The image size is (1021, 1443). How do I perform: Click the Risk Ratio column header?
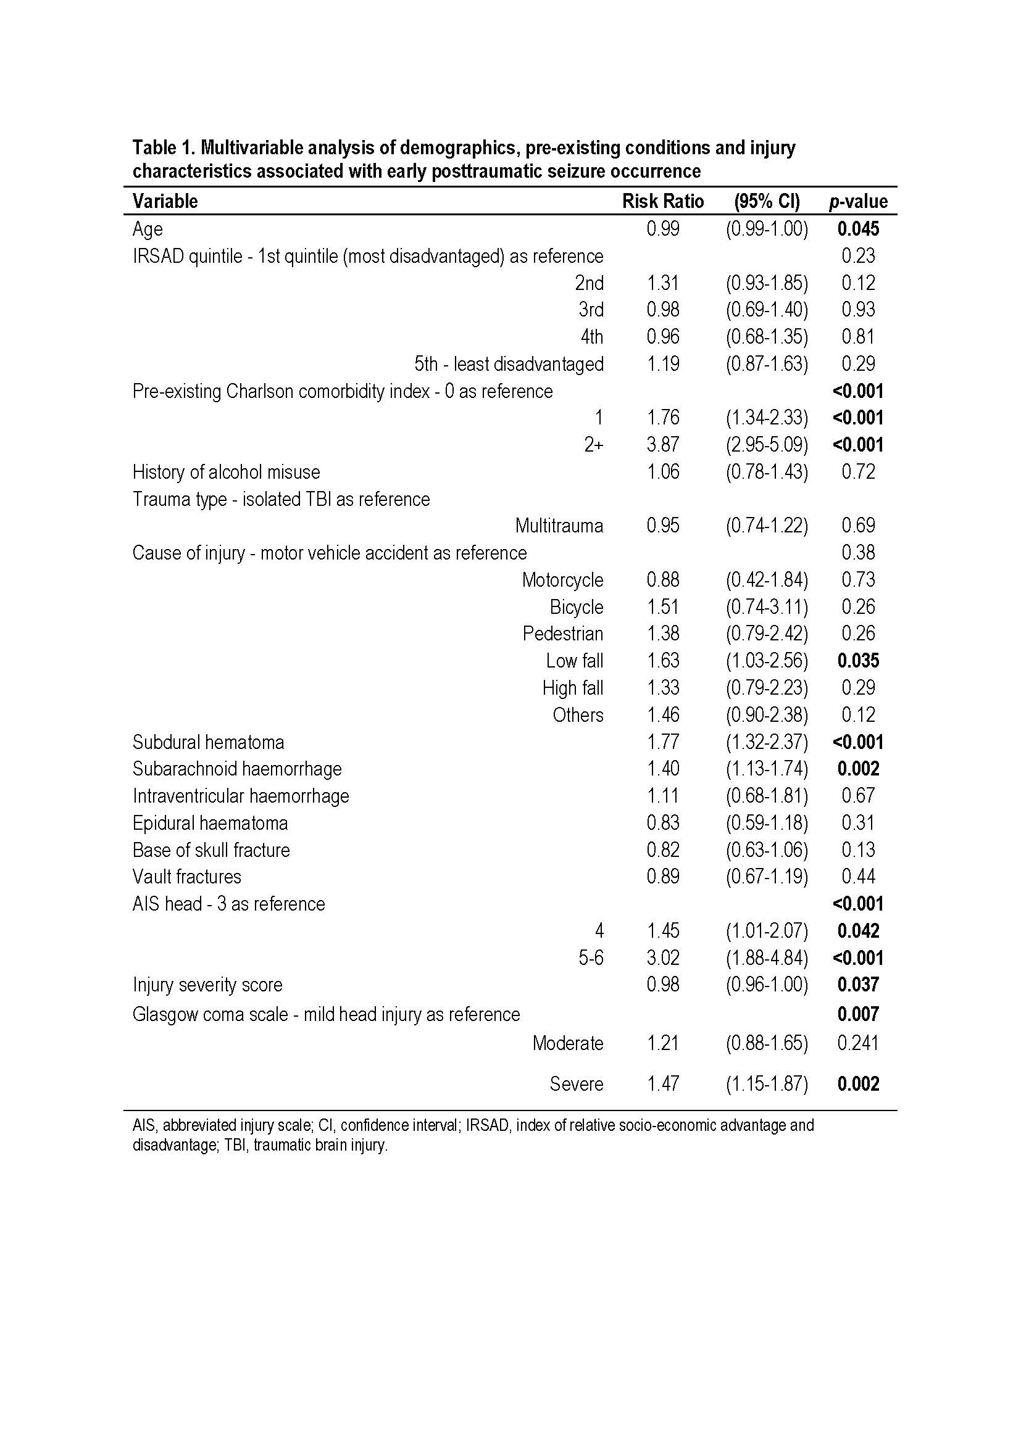[x=662, y=201]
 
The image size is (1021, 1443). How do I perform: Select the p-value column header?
[x=858, y=201]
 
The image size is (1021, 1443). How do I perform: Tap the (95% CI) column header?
[x=767, y=201]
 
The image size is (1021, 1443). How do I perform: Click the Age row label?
[x=147, y=229]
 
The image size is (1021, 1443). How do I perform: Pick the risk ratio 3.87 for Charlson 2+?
[x=662, y=445]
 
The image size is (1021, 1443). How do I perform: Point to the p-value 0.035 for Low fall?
[x=858, y=661]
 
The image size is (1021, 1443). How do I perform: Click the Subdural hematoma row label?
[x=208, y=742]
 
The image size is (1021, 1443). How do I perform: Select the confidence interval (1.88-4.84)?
[x=767, y=958]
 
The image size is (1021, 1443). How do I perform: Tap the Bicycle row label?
[x=576, y=607]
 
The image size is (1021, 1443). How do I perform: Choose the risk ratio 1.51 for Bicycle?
[x=662, y=607]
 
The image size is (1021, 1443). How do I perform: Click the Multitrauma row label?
[x=559, y=526]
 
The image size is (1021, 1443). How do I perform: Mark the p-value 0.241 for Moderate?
[x=858, y=1043]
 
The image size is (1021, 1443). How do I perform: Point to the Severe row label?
[x=576, y=1084]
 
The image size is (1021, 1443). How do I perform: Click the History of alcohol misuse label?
[x=227, y=472]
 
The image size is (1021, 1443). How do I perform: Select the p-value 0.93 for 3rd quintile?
[x=858, y=310]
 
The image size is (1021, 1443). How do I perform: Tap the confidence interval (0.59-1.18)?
[x=767, y=823]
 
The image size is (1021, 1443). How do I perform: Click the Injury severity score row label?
[x=207, y=985]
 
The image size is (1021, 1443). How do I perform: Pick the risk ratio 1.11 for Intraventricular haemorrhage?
[x=662, y=796]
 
